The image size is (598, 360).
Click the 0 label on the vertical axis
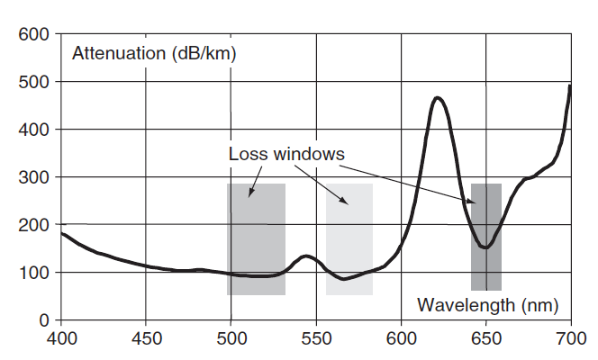pos(42,320)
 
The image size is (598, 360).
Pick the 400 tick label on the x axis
pos(61,339)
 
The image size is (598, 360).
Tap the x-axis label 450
pos(146,339)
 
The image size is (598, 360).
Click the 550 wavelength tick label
pos(316,339)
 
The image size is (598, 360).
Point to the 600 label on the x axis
pos(401,339)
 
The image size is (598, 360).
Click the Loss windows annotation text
pos(286,154)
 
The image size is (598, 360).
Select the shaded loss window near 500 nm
pos(256,238)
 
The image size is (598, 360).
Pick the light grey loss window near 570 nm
pos(349,238)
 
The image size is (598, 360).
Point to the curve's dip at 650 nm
pos(485,247)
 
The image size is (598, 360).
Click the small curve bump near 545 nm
pos(306,256)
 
